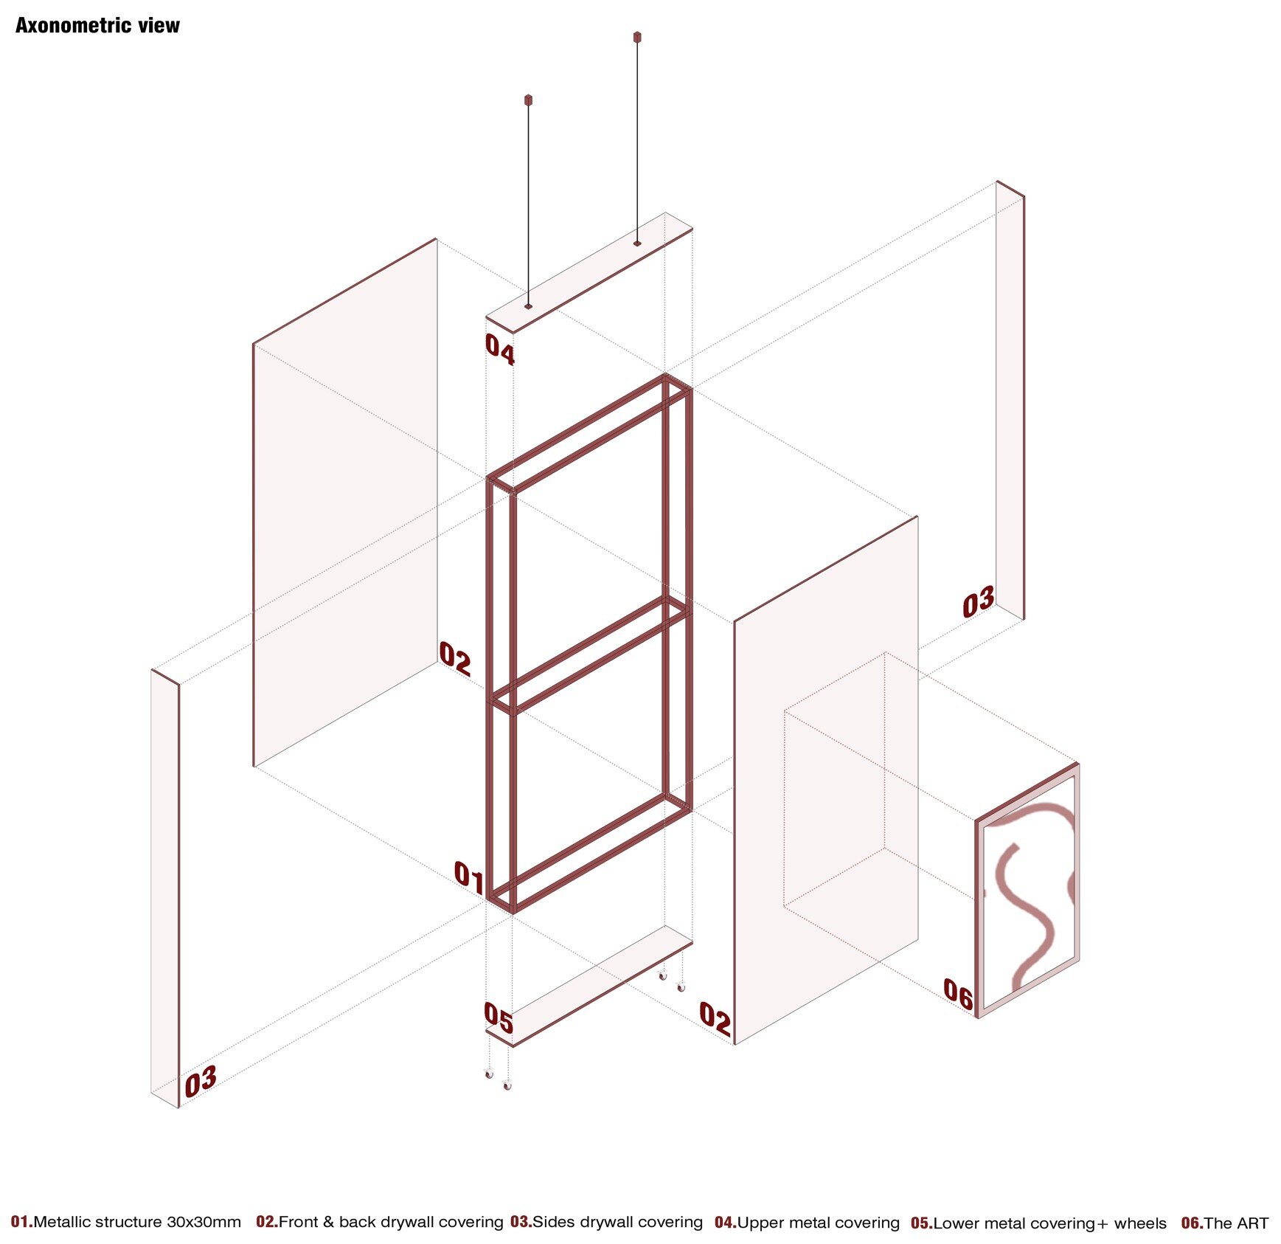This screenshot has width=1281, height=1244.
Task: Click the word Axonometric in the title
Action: [73, 26]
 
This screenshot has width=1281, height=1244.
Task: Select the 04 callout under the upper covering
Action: [500, 349]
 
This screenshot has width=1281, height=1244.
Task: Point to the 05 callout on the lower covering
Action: [499, 1018]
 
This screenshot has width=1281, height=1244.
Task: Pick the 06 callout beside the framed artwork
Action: [959, 994]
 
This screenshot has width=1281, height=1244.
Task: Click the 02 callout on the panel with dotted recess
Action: [715, 1019]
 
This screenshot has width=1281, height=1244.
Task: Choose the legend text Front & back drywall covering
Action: [391, 1222]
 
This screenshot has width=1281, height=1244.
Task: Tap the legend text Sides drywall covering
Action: [617, 1222]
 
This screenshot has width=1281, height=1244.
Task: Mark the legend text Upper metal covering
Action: [819, 1223]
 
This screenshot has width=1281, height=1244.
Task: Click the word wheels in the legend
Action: [1140, 1223]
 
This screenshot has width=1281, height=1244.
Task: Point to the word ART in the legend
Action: [1251, 1223]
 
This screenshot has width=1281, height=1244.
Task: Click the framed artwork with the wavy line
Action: [1028, 891]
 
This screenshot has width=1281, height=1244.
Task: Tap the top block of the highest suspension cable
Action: [637, 37]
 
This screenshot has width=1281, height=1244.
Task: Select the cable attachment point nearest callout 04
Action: [528, 306]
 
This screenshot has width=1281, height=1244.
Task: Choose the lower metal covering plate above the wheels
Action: [589, 986]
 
